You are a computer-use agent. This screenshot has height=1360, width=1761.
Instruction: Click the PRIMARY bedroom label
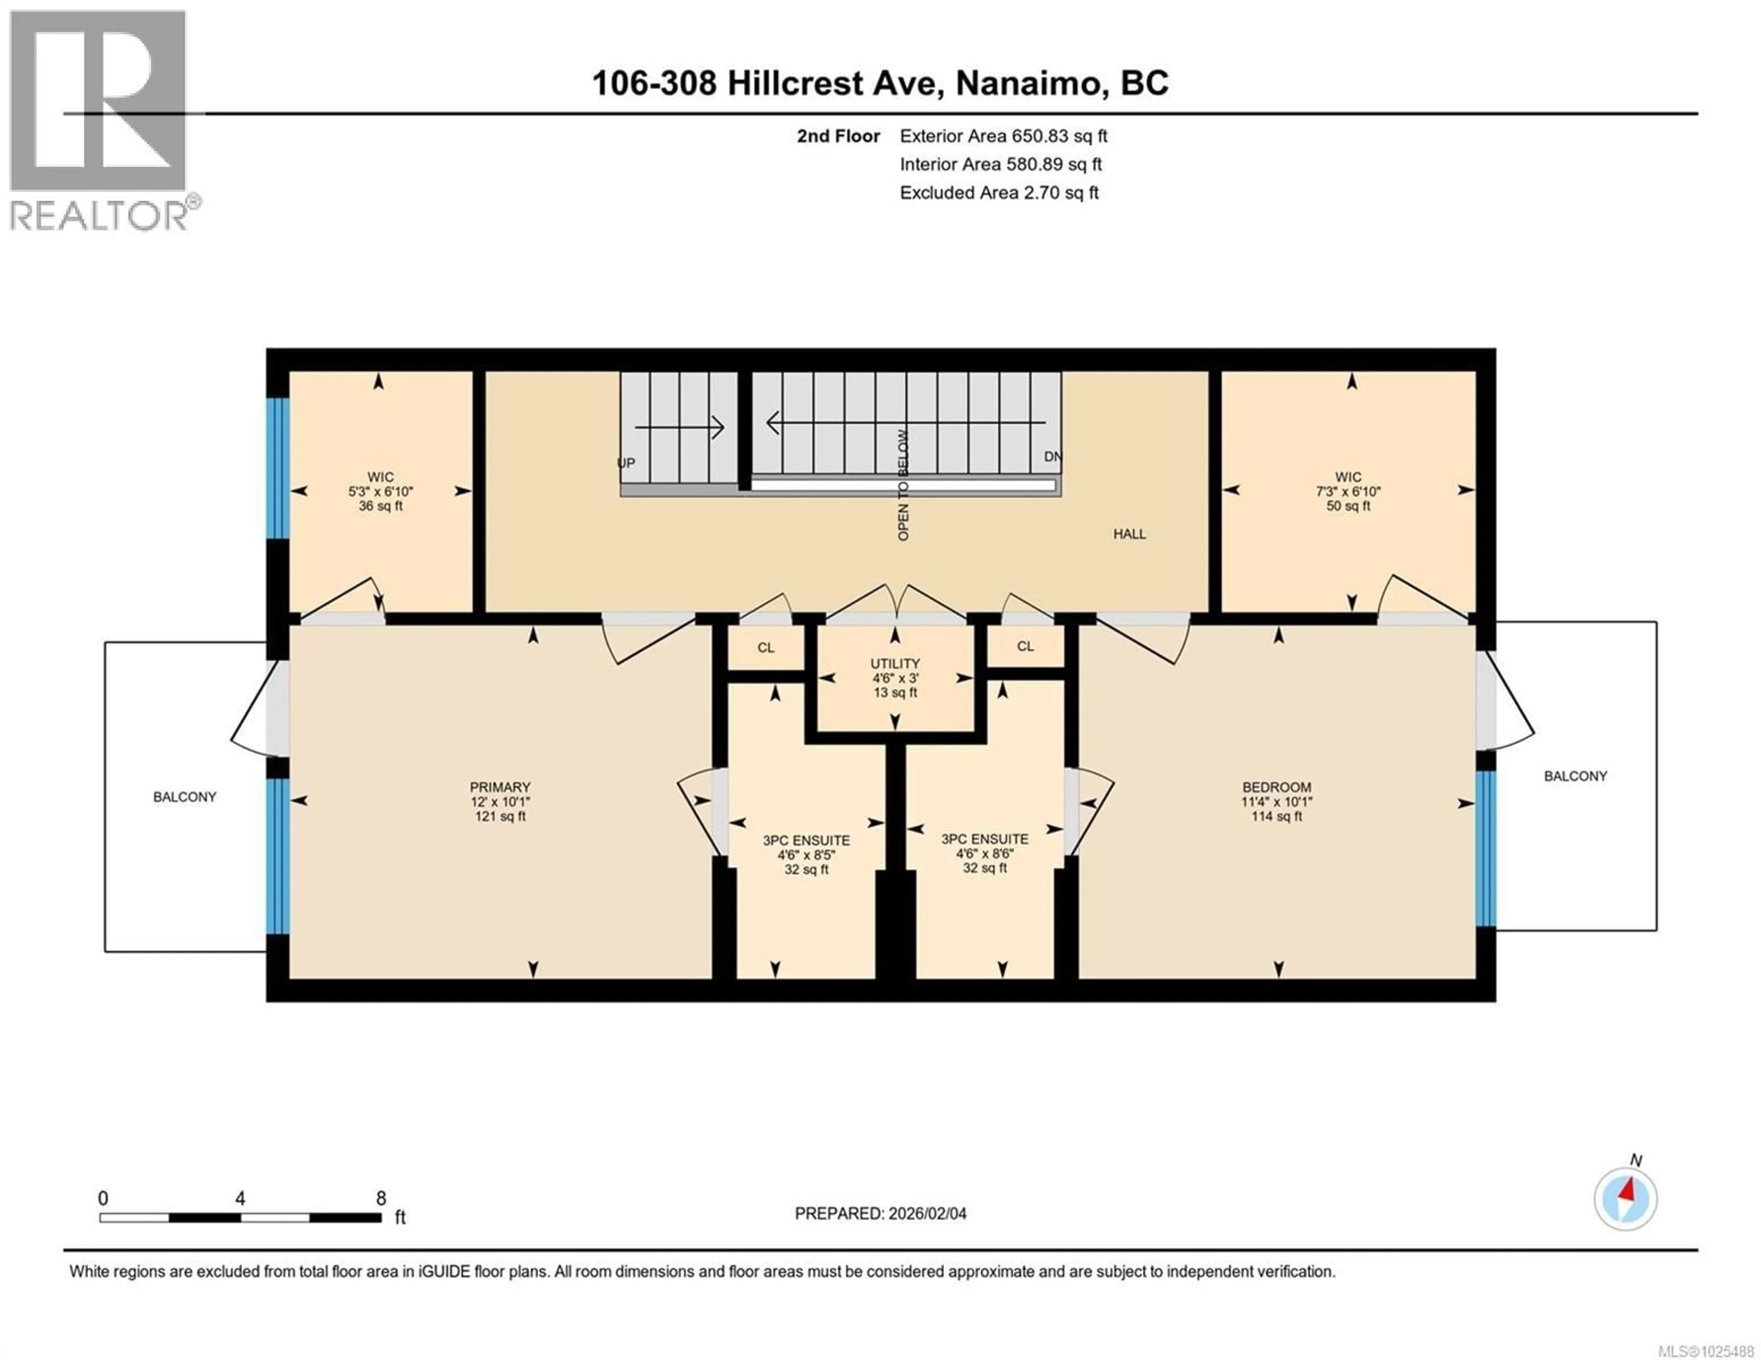point(500,787)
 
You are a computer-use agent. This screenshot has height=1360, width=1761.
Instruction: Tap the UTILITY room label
point(895,663)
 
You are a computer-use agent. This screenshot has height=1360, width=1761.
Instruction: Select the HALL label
point(1129,534)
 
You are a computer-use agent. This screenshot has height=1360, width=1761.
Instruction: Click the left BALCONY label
point(185,797)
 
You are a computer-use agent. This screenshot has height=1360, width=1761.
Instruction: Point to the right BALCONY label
point(1575,776)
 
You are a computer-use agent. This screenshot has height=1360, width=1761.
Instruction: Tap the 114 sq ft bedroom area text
point(1276,816)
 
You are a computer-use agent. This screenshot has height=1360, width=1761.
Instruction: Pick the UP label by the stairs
point(626,463)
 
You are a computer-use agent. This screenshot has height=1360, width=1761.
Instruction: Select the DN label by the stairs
point(1052,456)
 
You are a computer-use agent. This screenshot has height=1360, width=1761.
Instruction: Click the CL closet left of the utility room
point(765,647)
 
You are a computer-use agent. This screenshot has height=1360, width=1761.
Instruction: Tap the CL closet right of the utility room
point(1025,646)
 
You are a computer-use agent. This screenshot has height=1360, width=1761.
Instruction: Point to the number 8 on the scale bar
point(381,1198)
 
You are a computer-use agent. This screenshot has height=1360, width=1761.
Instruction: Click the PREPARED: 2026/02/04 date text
point(880,1213)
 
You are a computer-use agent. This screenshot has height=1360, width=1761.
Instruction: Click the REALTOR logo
point(101,121)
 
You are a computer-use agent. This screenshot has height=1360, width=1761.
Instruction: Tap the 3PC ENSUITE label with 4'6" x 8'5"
point(806,840)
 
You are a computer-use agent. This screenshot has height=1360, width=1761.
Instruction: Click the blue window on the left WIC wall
point(277,468)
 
